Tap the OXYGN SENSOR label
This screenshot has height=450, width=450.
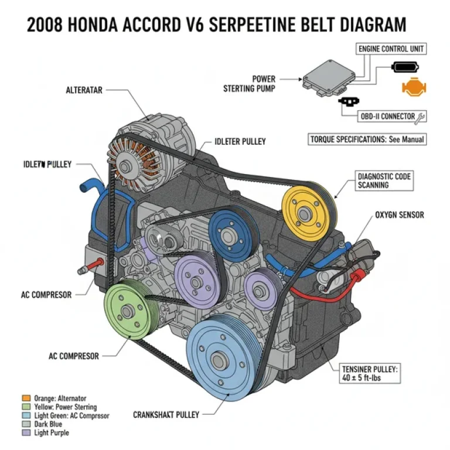(400, 215)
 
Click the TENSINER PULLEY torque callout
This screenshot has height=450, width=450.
(370, 374)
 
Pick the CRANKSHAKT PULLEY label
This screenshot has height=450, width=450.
(166, 414)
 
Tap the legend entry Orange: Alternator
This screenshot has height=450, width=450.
(59, 398)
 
